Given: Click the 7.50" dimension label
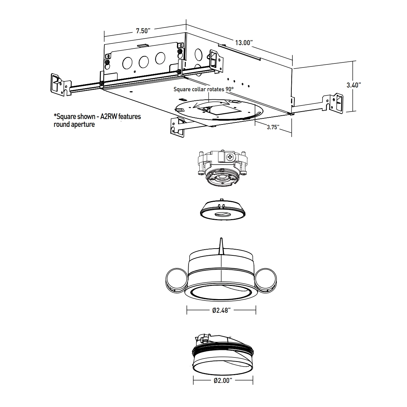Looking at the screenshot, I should (143, 31).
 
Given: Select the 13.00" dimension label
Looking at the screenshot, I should (244, 43).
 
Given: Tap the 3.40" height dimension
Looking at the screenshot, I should (353, 85).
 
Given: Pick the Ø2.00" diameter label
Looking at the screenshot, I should (223, 381).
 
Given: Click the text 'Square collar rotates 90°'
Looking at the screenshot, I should (204, 90).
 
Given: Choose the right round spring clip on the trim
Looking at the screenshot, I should (267, 279).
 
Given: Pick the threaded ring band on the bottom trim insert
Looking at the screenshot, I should (223, 349).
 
